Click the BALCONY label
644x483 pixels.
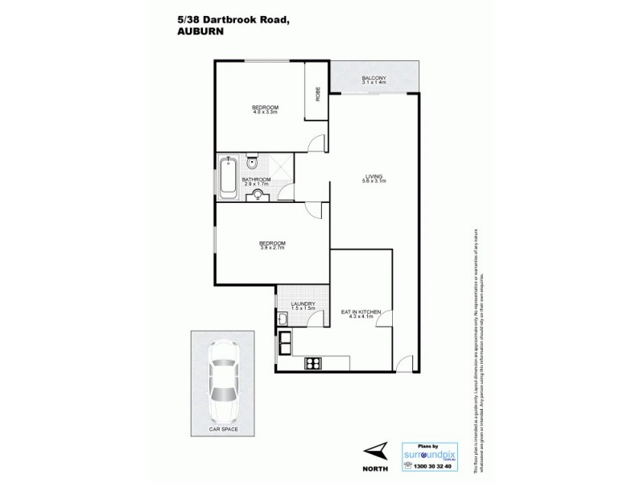(374, 76)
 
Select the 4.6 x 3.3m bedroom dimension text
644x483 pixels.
(265, 113)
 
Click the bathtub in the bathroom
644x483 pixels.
(227, 176)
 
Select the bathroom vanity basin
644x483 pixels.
(259, 195)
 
